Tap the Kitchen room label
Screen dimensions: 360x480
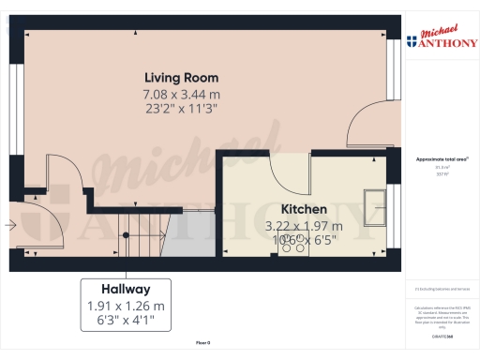305,209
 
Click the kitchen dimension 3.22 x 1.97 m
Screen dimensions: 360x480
305,226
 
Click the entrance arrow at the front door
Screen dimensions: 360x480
9,225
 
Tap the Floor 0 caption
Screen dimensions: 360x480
203,344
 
